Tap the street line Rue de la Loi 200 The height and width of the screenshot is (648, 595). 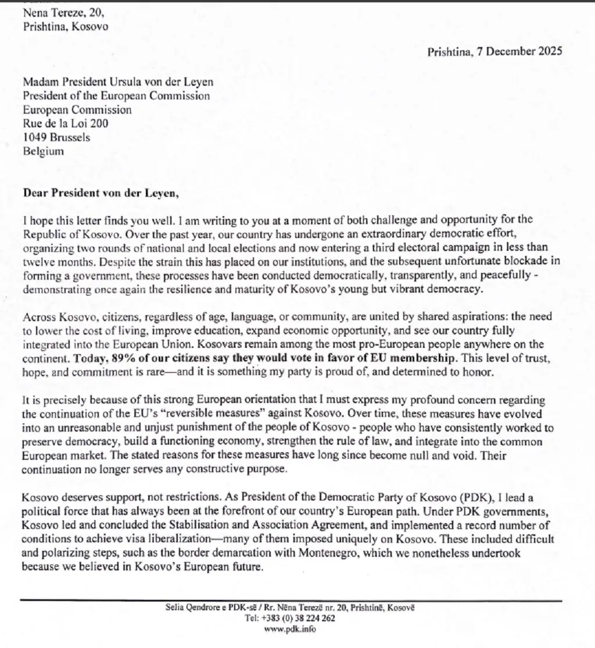(x=66, y=123)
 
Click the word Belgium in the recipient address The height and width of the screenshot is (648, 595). (x=44, y=152)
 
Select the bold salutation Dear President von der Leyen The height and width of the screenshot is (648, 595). (x=101, y=193)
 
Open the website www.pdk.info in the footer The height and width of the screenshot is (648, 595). (x=290, y=629)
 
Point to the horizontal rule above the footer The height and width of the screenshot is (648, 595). (x=291, y=600)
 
